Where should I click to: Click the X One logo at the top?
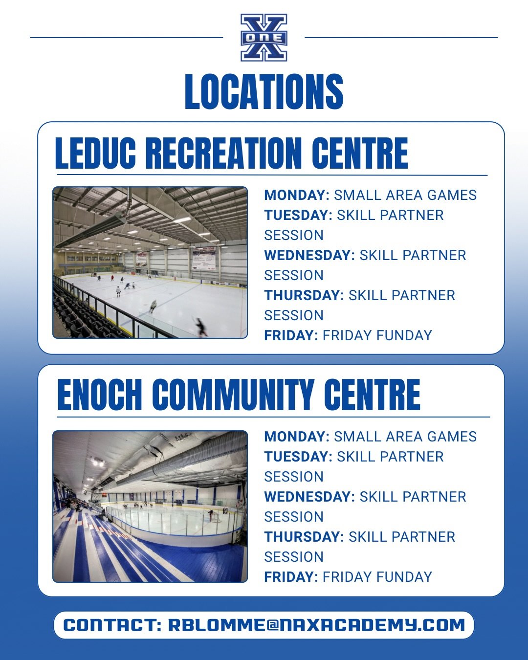point(264,38)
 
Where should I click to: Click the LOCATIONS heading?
point(264,91)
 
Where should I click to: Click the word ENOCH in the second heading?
point(100,395)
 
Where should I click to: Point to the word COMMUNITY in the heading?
point(234,395)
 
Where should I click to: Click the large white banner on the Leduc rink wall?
point(204,259)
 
